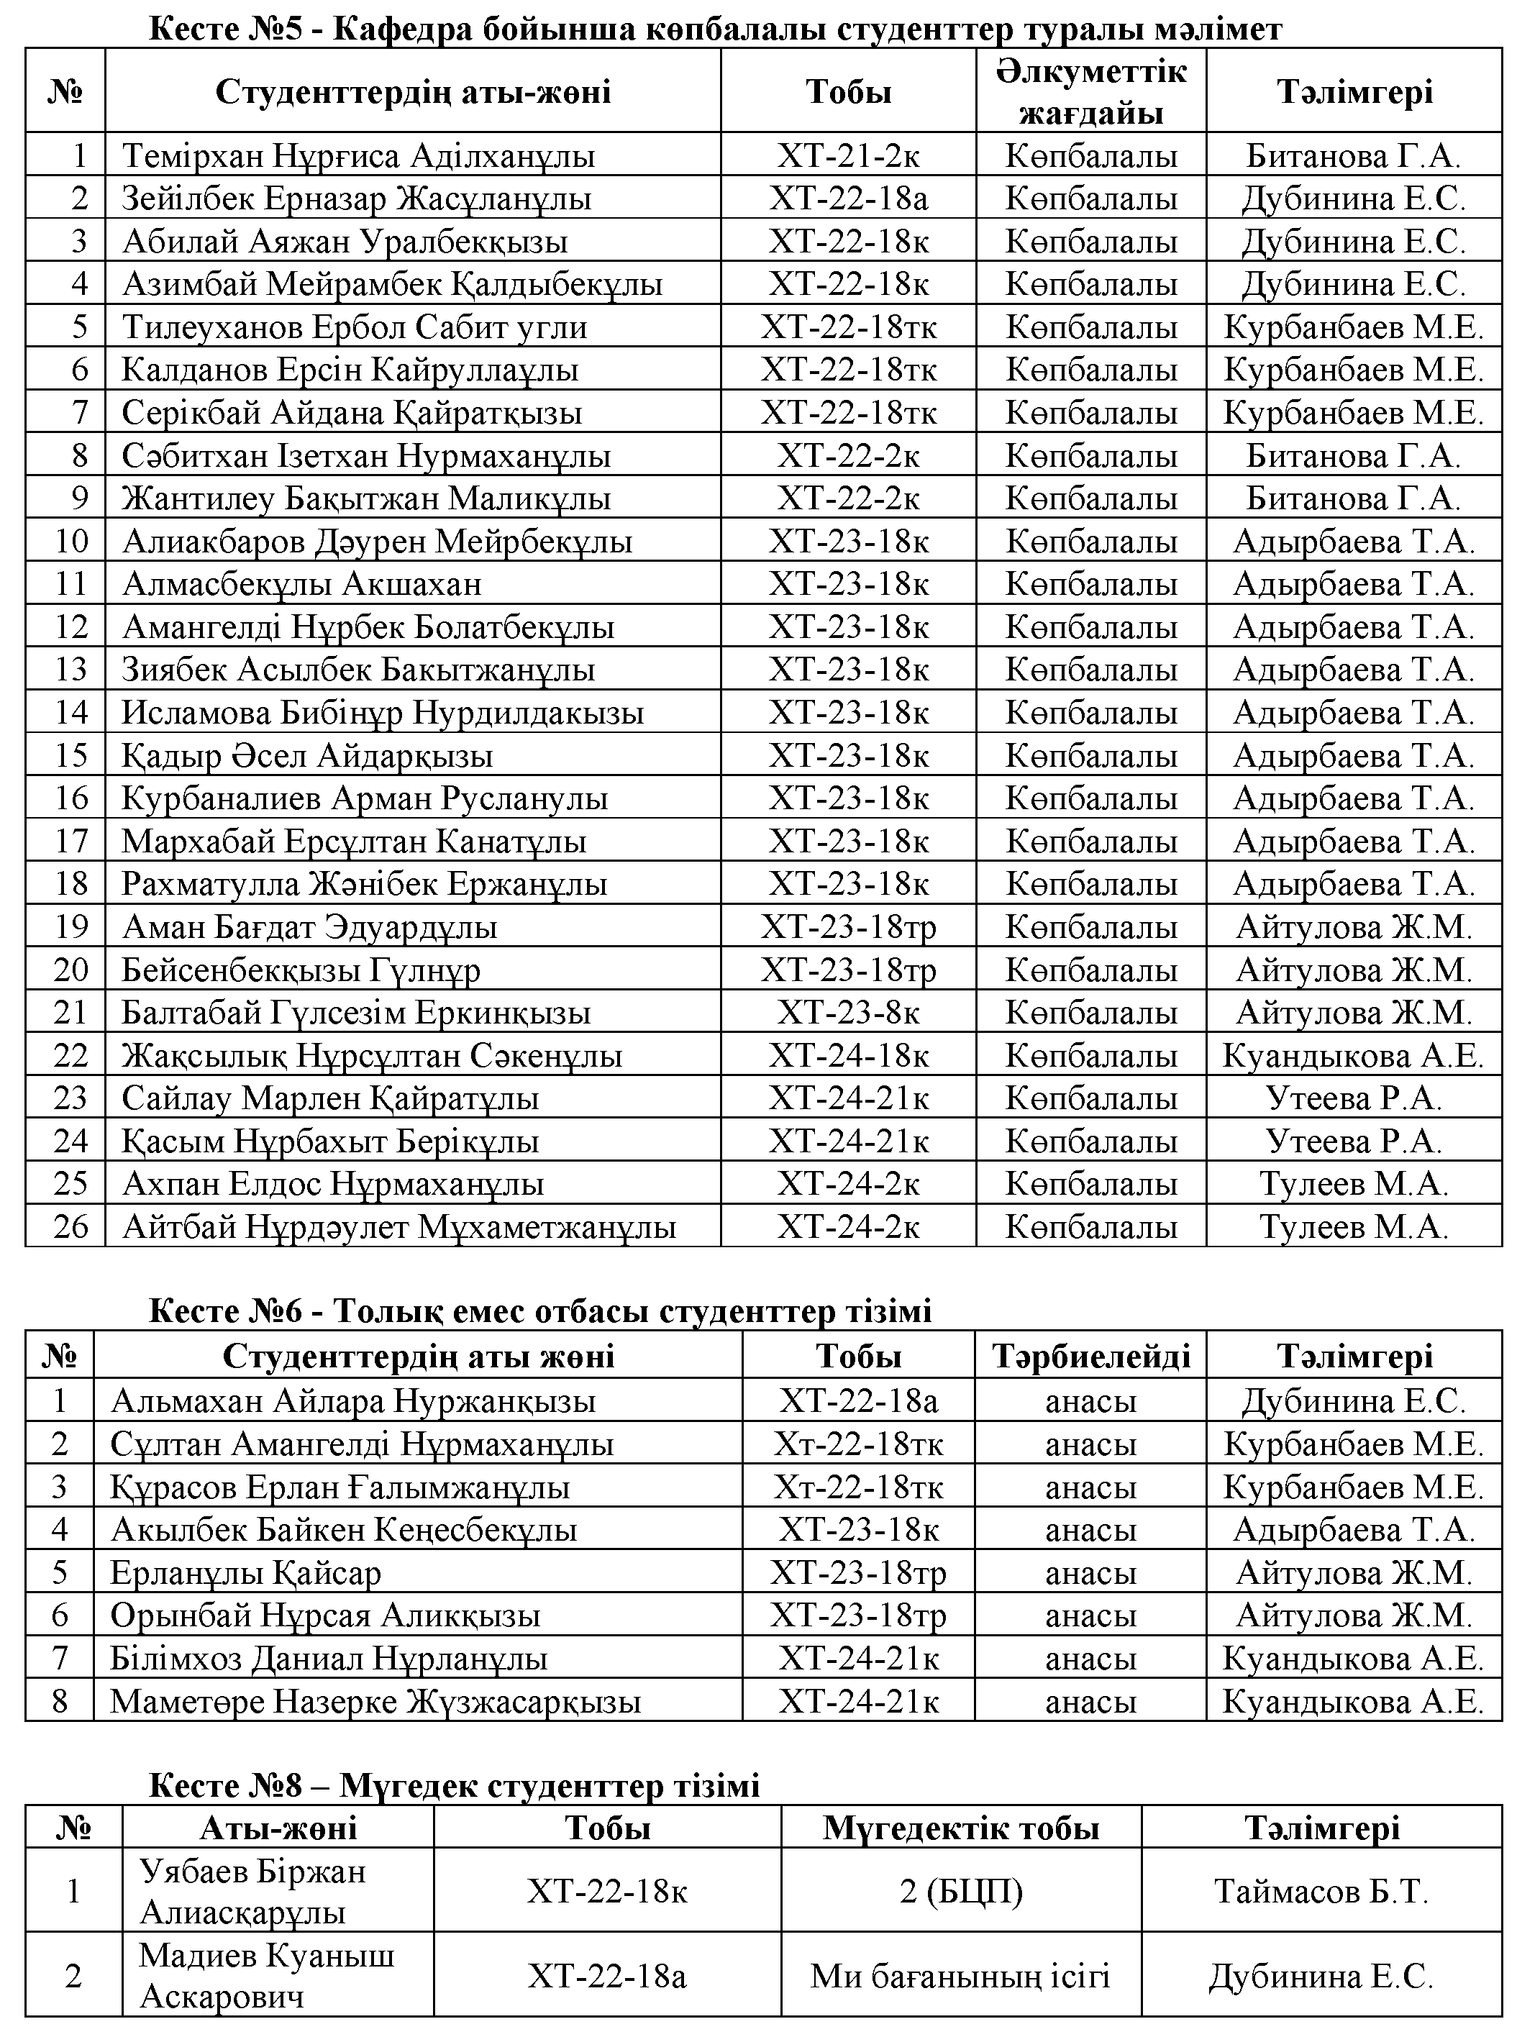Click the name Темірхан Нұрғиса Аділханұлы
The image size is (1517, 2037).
358,155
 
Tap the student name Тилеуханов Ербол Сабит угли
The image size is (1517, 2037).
355,327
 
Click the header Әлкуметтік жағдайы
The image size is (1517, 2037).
1091,92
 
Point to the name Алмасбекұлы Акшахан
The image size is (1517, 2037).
302,584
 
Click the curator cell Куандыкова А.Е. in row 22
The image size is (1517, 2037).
1352,1056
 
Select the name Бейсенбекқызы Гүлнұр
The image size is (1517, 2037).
301,970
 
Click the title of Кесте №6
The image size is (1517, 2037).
540,1311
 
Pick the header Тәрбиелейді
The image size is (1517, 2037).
1091,1357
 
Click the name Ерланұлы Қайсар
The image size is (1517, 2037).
245,1572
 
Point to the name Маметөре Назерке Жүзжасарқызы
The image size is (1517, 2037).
375,1701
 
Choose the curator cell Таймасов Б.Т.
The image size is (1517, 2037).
1321,1891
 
